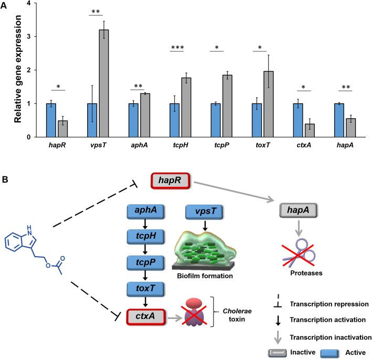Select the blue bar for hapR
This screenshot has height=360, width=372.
click(x=50, y=120)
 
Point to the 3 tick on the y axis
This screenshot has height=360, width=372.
click(x=27, y=36)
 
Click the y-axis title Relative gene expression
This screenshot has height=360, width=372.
click(x=9, y=69)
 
